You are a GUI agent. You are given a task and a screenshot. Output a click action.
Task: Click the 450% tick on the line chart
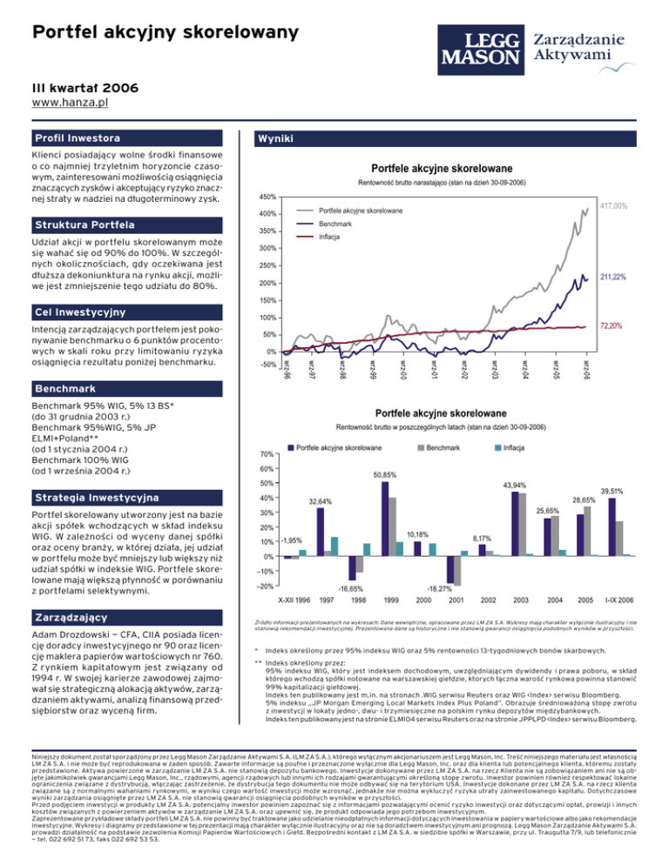[x=267, y=197]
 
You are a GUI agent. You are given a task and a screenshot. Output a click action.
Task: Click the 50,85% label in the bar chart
[x=385, y=475]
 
